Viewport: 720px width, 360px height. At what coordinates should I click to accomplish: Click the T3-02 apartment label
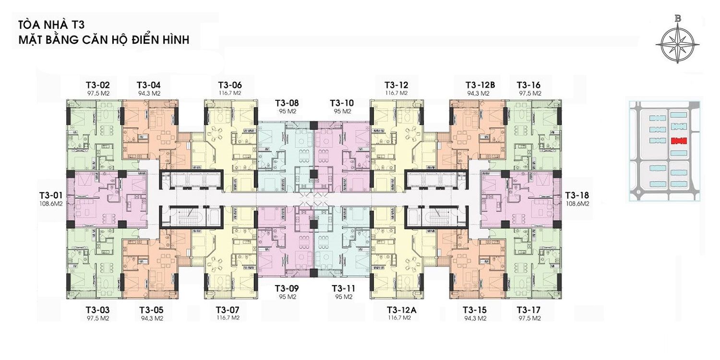(98, 85)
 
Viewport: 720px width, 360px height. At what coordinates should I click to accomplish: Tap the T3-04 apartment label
(148, 85)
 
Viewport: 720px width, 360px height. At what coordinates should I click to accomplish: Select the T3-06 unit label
(230, 85)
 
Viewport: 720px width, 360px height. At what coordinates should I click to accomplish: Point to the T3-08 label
(287, 103)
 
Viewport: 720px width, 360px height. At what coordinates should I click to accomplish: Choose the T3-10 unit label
(342, 103)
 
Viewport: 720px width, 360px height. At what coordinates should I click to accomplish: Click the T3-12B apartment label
(480, 85)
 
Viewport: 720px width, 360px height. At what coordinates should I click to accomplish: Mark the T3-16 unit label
(528, 85)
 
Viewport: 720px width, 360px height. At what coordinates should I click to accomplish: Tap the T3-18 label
(577, 195)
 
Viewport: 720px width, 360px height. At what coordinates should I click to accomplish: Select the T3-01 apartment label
(51, 195)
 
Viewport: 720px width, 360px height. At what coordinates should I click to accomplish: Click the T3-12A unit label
(401, 310)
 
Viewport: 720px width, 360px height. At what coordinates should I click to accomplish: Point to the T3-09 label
(287, 288)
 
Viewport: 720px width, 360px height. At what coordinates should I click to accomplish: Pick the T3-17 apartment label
(528, 310)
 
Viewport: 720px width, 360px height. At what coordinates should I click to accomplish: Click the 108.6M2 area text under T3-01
(51, 204)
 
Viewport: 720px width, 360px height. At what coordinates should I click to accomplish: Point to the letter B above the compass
(678, 19)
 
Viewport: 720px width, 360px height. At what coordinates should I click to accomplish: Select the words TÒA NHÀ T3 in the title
(51, 25)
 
